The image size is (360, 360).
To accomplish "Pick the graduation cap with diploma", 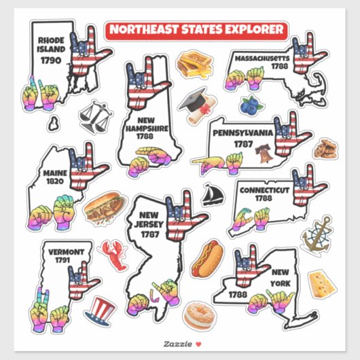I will (196, 102).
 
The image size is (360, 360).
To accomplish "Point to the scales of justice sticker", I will (95, 118).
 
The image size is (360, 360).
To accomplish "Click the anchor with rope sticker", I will (317, 235).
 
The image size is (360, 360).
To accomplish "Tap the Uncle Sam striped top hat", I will (101, 311).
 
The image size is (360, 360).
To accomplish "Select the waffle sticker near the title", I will (194, 65).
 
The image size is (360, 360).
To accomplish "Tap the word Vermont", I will (66, 251).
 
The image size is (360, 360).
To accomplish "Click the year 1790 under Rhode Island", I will (52, 60).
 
